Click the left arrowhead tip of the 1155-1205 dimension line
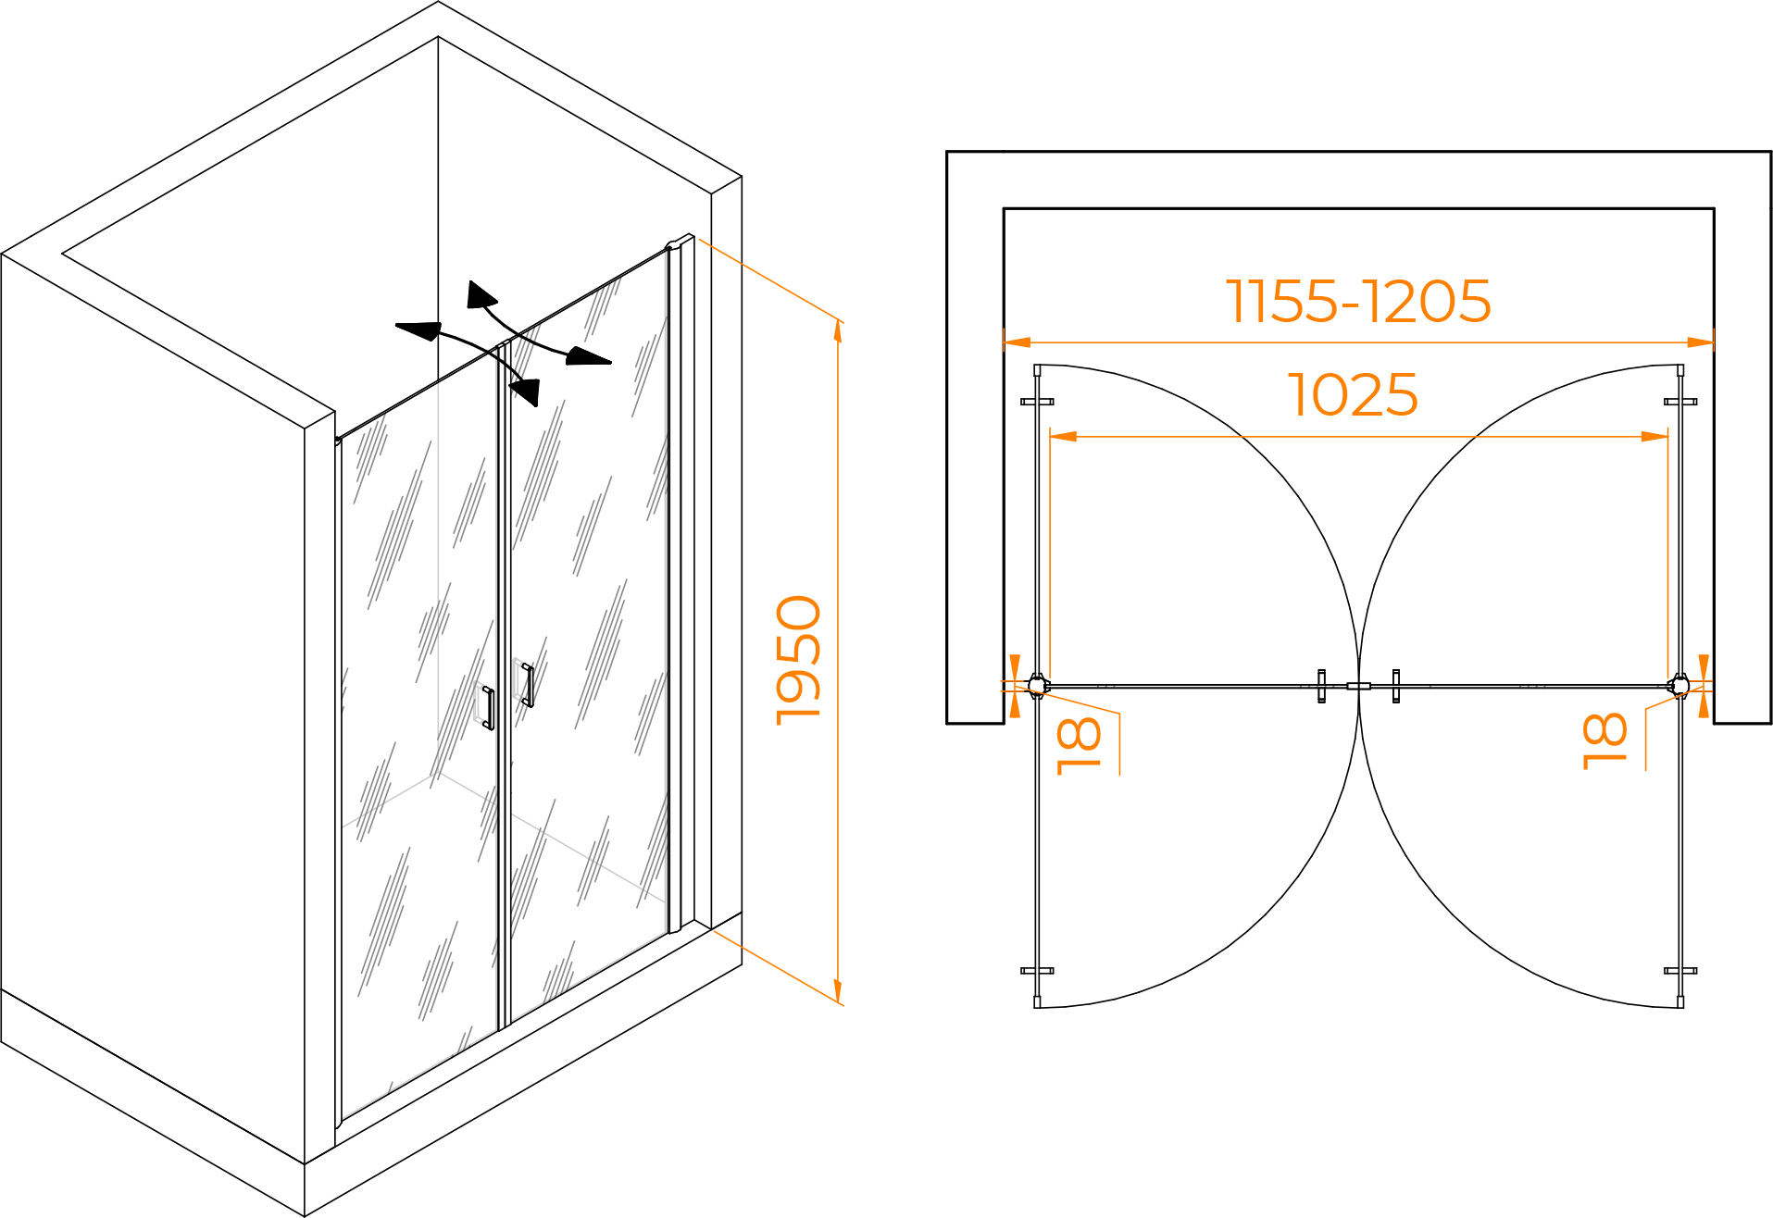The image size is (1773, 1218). coord(1005,342)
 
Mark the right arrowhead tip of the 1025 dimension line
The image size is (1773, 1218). coord(1667,436)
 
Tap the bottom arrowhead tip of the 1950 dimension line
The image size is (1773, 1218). coord(838,1003)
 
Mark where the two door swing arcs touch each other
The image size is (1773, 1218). coord(1358,686)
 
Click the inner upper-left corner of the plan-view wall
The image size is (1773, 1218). coord(1005,209)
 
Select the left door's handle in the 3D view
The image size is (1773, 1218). coord(488,708)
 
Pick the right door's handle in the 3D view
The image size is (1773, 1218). coord(528,685)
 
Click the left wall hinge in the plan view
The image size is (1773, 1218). coord(1038,686)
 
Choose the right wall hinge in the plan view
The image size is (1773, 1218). coord(1679,686)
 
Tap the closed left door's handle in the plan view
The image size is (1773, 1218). coord(1322,686)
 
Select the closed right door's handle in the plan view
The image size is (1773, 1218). coord(1395,686)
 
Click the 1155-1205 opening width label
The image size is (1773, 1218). coord(1358,301)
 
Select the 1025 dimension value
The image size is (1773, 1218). coord(1353,395)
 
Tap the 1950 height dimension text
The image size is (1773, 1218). coord(798,661)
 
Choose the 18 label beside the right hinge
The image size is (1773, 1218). coord(1604,740)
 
